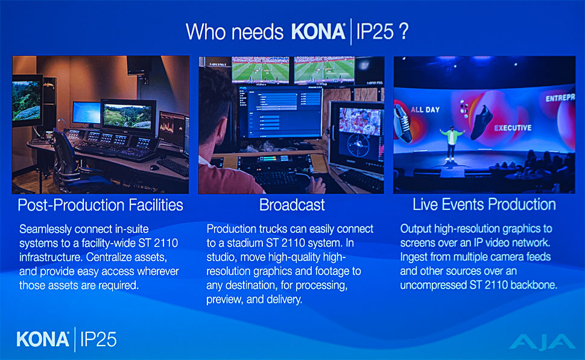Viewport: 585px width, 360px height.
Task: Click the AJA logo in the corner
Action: [x=542, y=342]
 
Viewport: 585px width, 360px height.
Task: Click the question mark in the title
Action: [x=403, y=31]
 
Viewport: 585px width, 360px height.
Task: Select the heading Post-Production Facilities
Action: [x=100, y=205]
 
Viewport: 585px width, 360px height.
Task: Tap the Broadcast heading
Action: [x=292, y=205]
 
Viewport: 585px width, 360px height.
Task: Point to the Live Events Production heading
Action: [x=484, y=204]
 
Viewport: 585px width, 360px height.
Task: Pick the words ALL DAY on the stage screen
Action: [x=425, y=110]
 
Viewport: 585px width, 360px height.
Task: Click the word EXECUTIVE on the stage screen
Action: [x=513, y=128]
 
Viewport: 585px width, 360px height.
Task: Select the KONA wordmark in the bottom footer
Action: [x=43, y=339]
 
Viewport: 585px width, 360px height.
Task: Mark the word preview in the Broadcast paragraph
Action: [x=224, y=300]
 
